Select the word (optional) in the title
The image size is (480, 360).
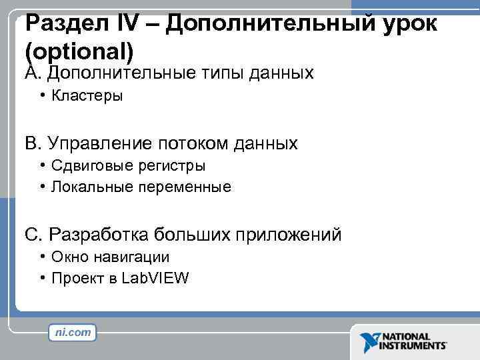tap(80, 52)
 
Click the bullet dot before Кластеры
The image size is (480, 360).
tap(42, 95)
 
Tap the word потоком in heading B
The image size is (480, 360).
tap(193, 143)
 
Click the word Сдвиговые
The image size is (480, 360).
tap(88, 165)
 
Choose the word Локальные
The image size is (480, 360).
tap(93, 187)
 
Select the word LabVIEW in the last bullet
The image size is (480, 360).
tap(155, 279)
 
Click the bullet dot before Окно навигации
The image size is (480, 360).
tap(42, 257)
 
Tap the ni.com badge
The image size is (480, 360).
tap(73, 332)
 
